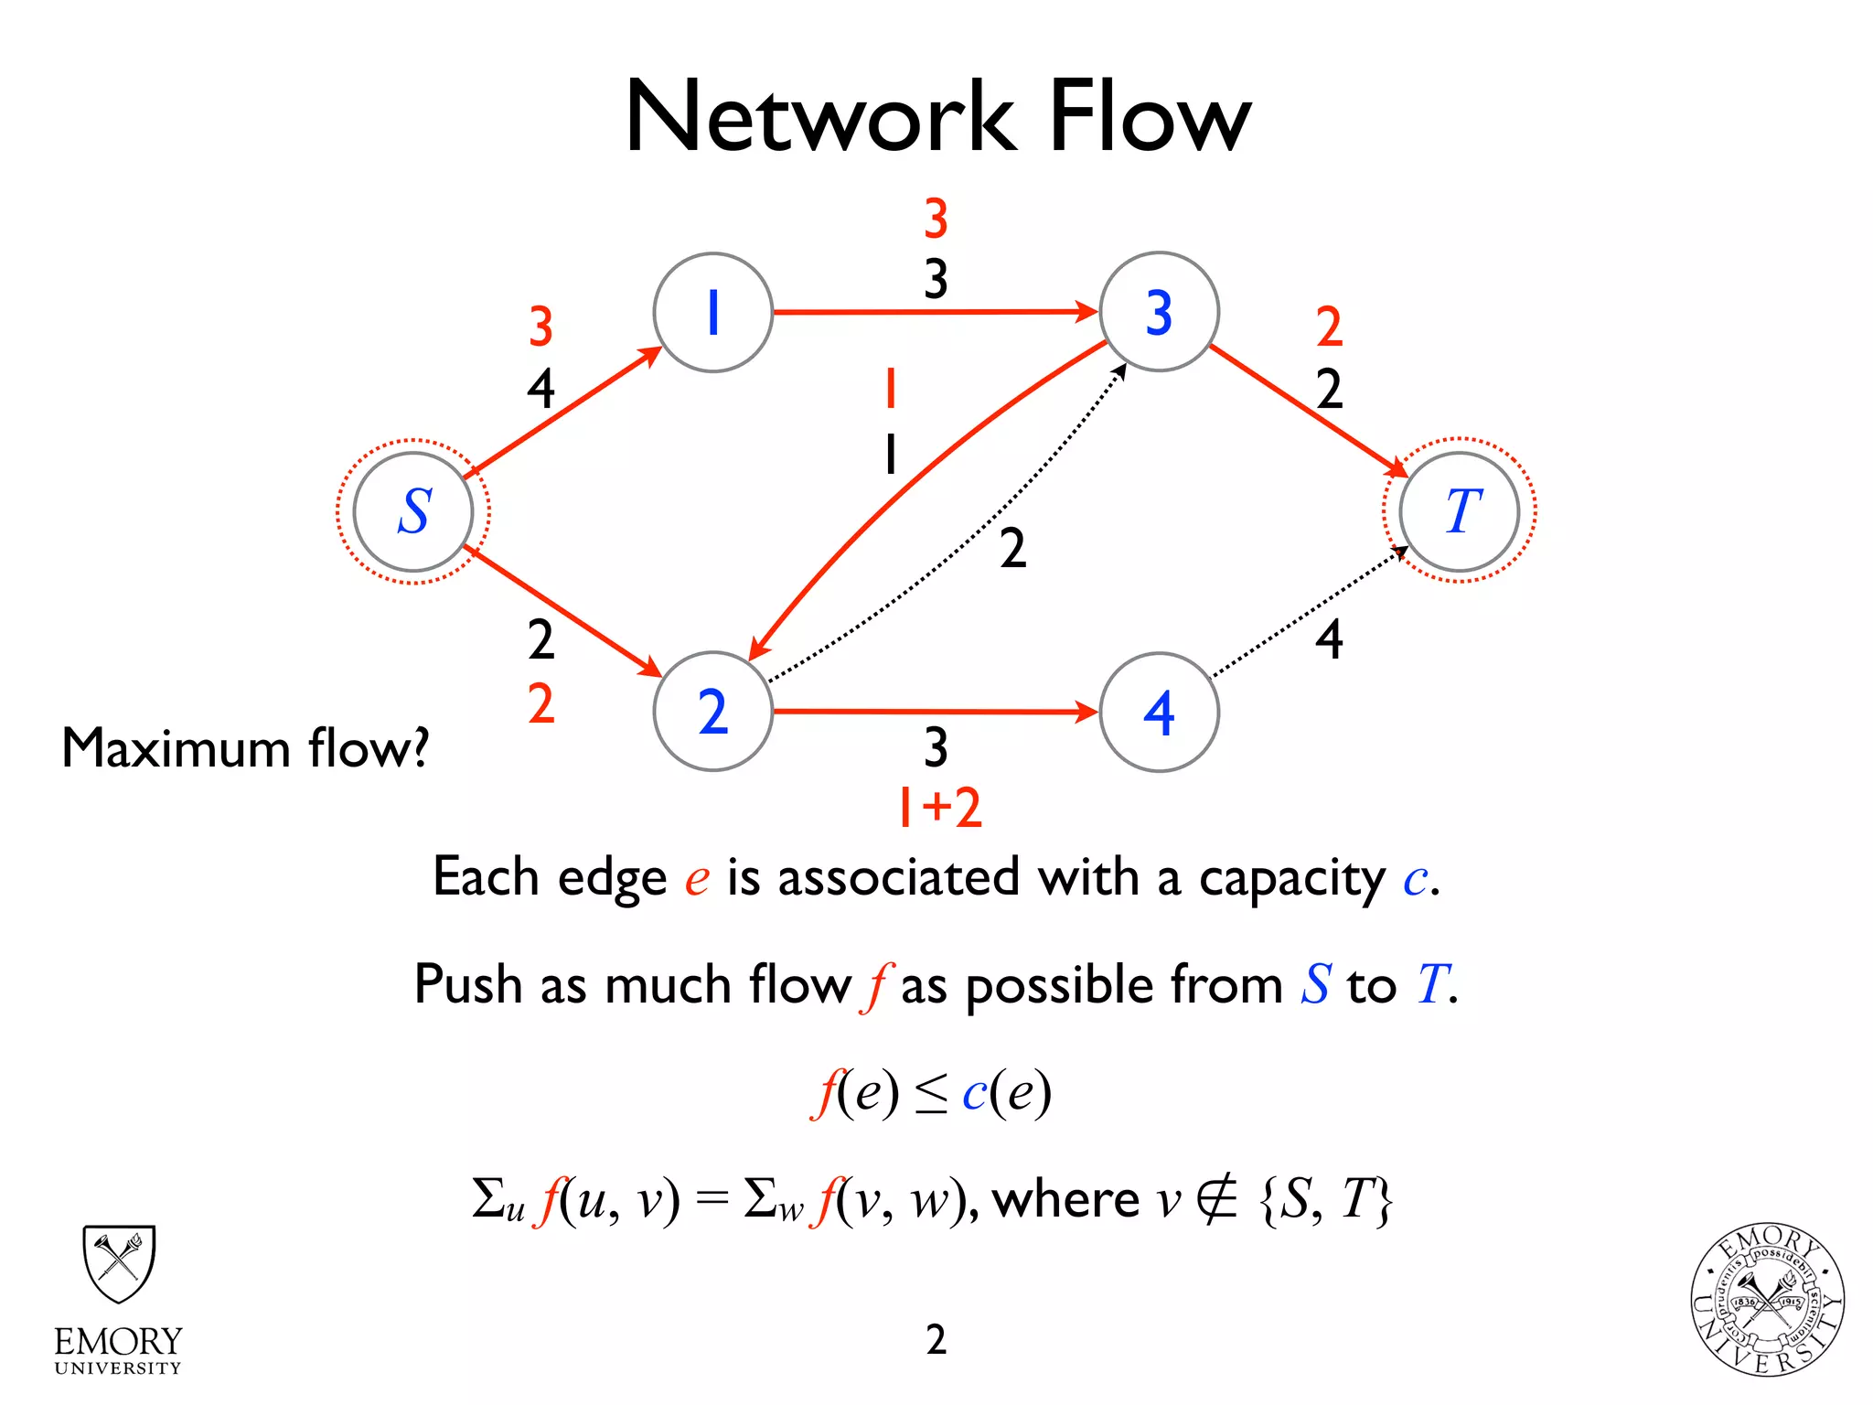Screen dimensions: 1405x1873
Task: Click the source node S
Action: pos(413,511)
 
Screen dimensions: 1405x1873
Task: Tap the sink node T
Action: pos(1460,511)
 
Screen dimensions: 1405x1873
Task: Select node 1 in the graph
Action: pos(712,312)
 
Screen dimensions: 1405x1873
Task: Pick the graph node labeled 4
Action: pos(1159,712)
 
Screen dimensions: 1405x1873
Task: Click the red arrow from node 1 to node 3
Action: pos(933,313)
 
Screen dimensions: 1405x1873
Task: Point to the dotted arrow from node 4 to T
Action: pos(1308,612)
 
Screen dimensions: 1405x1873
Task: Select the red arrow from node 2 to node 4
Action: pos(933,711)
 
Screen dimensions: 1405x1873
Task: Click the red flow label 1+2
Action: pos(939,807)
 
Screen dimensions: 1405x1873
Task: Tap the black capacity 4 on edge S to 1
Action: pos(540,389)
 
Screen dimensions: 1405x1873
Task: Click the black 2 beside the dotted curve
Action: pos(1012,549)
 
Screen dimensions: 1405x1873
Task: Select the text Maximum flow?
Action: pos(245,748)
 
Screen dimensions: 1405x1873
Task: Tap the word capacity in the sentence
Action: pos(1292,878)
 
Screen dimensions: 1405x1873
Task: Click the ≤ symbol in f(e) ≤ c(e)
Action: pos(931,1094)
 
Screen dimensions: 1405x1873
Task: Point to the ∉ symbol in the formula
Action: pos(1216,1199)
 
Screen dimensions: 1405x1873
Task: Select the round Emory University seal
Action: pos(1766,1300)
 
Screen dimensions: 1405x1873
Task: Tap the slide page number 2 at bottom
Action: pos(936,1339)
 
